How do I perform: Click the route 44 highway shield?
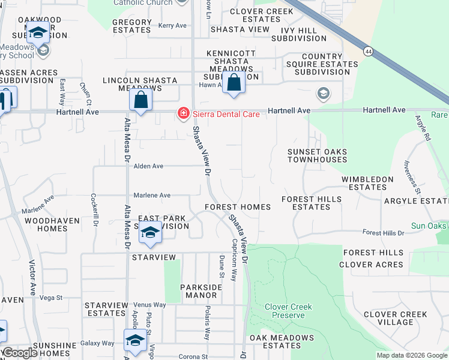(x=367, y=52)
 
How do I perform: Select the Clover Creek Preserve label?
(x=288, y=311)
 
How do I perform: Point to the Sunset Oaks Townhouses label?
(x=317, y=156)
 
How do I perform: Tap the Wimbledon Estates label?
(x=367, y=183)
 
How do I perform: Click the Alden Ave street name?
(x=148, y=166)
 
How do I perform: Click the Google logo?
(x=20, y=353)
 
